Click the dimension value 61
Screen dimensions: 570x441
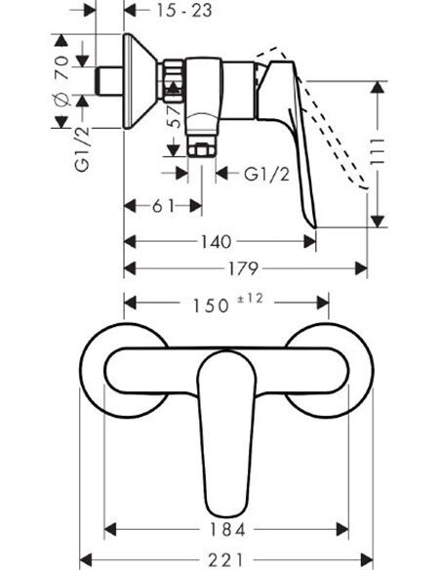(162, 206)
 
